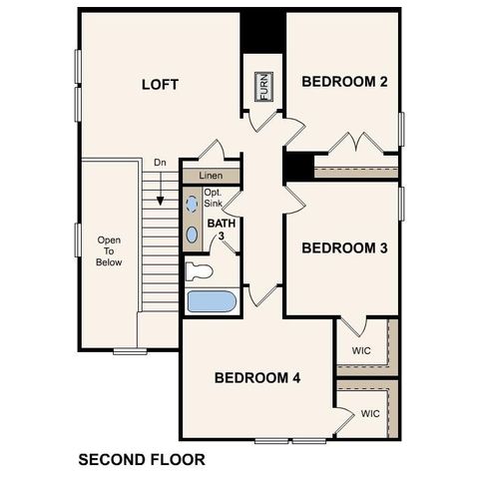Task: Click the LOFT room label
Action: pos(160,85)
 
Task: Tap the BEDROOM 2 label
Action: pos(344,82)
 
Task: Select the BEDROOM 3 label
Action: pos(344,247)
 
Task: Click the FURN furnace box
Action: pos(264,87)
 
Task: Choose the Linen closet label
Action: pos(211,176)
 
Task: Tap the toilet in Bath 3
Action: pos(200,269)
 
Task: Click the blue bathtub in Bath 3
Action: pos(211,301)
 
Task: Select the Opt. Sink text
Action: pos(214,198)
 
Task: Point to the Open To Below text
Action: pos(109,251)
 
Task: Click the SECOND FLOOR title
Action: pos(141,460)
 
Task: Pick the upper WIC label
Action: pos(362,351)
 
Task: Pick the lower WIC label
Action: pos(370,413)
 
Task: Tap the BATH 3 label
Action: pos(221,231)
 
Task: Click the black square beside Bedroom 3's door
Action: pos(295,167)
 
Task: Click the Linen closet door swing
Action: pos(211,152)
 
